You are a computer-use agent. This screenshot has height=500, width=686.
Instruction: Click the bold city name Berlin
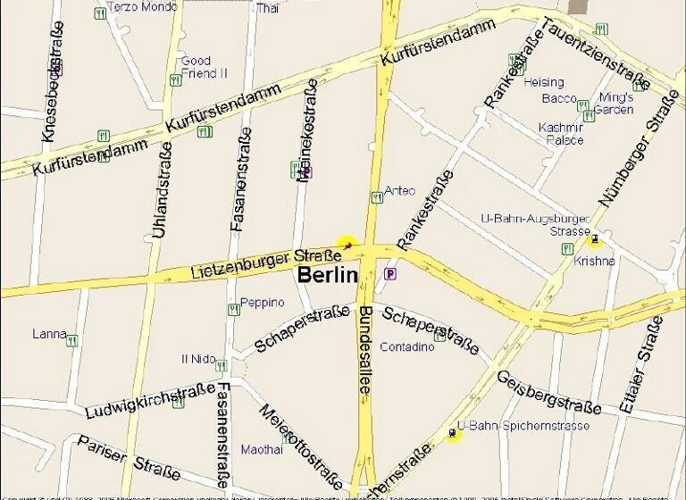(327, 275)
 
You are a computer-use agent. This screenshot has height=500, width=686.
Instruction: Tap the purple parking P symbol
(390, 274)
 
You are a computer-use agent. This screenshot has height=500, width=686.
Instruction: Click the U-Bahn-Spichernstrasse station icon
(453, 435)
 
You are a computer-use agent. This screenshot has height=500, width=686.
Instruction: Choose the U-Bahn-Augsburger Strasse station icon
(594, 239)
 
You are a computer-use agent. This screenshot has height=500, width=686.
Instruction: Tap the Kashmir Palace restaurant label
(561, 134)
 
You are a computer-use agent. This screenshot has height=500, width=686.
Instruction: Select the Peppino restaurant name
(262, 302)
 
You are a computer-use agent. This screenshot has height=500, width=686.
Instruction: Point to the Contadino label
(407, 346)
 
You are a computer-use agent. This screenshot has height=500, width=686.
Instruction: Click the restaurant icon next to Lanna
(71, 340)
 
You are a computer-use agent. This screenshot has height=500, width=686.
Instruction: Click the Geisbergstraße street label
(548, 392)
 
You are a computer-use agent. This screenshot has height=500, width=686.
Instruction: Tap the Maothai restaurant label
(262, 449)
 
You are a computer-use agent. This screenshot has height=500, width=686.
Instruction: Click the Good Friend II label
(205, 67)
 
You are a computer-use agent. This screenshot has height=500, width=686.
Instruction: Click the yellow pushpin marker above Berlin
(347, 243)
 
